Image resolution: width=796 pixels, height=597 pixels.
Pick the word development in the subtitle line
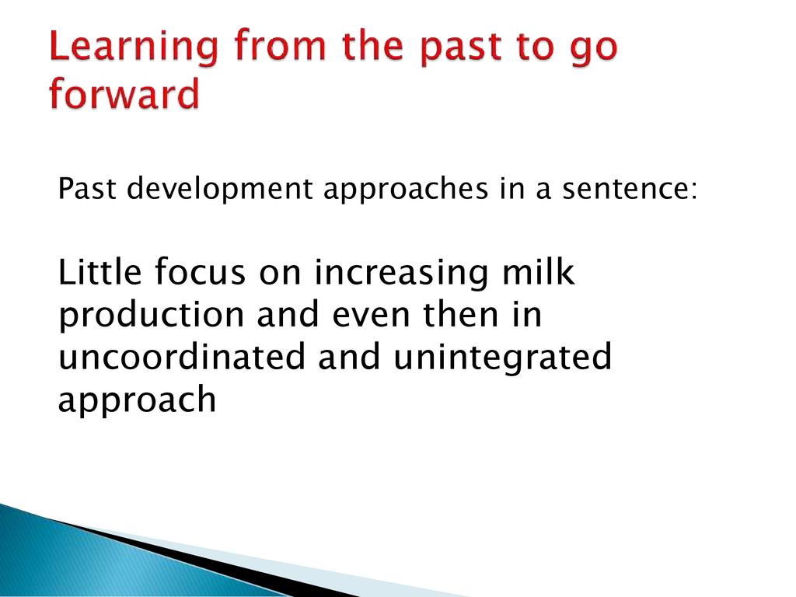pyautogui.click(x=219, y=190)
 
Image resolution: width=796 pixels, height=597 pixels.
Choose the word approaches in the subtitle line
pyautogui.click(x=406, y=190)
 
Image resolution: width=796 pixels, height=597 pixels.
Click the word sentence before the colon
pyautogui.click(x=626, y=189)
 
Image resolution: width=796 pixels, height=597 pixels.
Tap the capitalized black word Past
pyautogui.click(x=87, y=188)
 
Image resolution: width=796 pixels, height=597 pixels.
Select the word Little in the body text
pyautogui.click(x=100, y=271)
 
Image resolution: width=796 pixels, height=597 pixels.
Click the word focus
pyautogui.click(x=200, y=271)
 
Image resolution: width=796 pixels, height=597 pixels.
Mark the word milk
pyautogui.click(x=538, y=271)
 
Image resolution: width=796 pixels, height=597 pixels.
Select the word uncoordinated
pyautogui.click(x=182, y=356)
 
